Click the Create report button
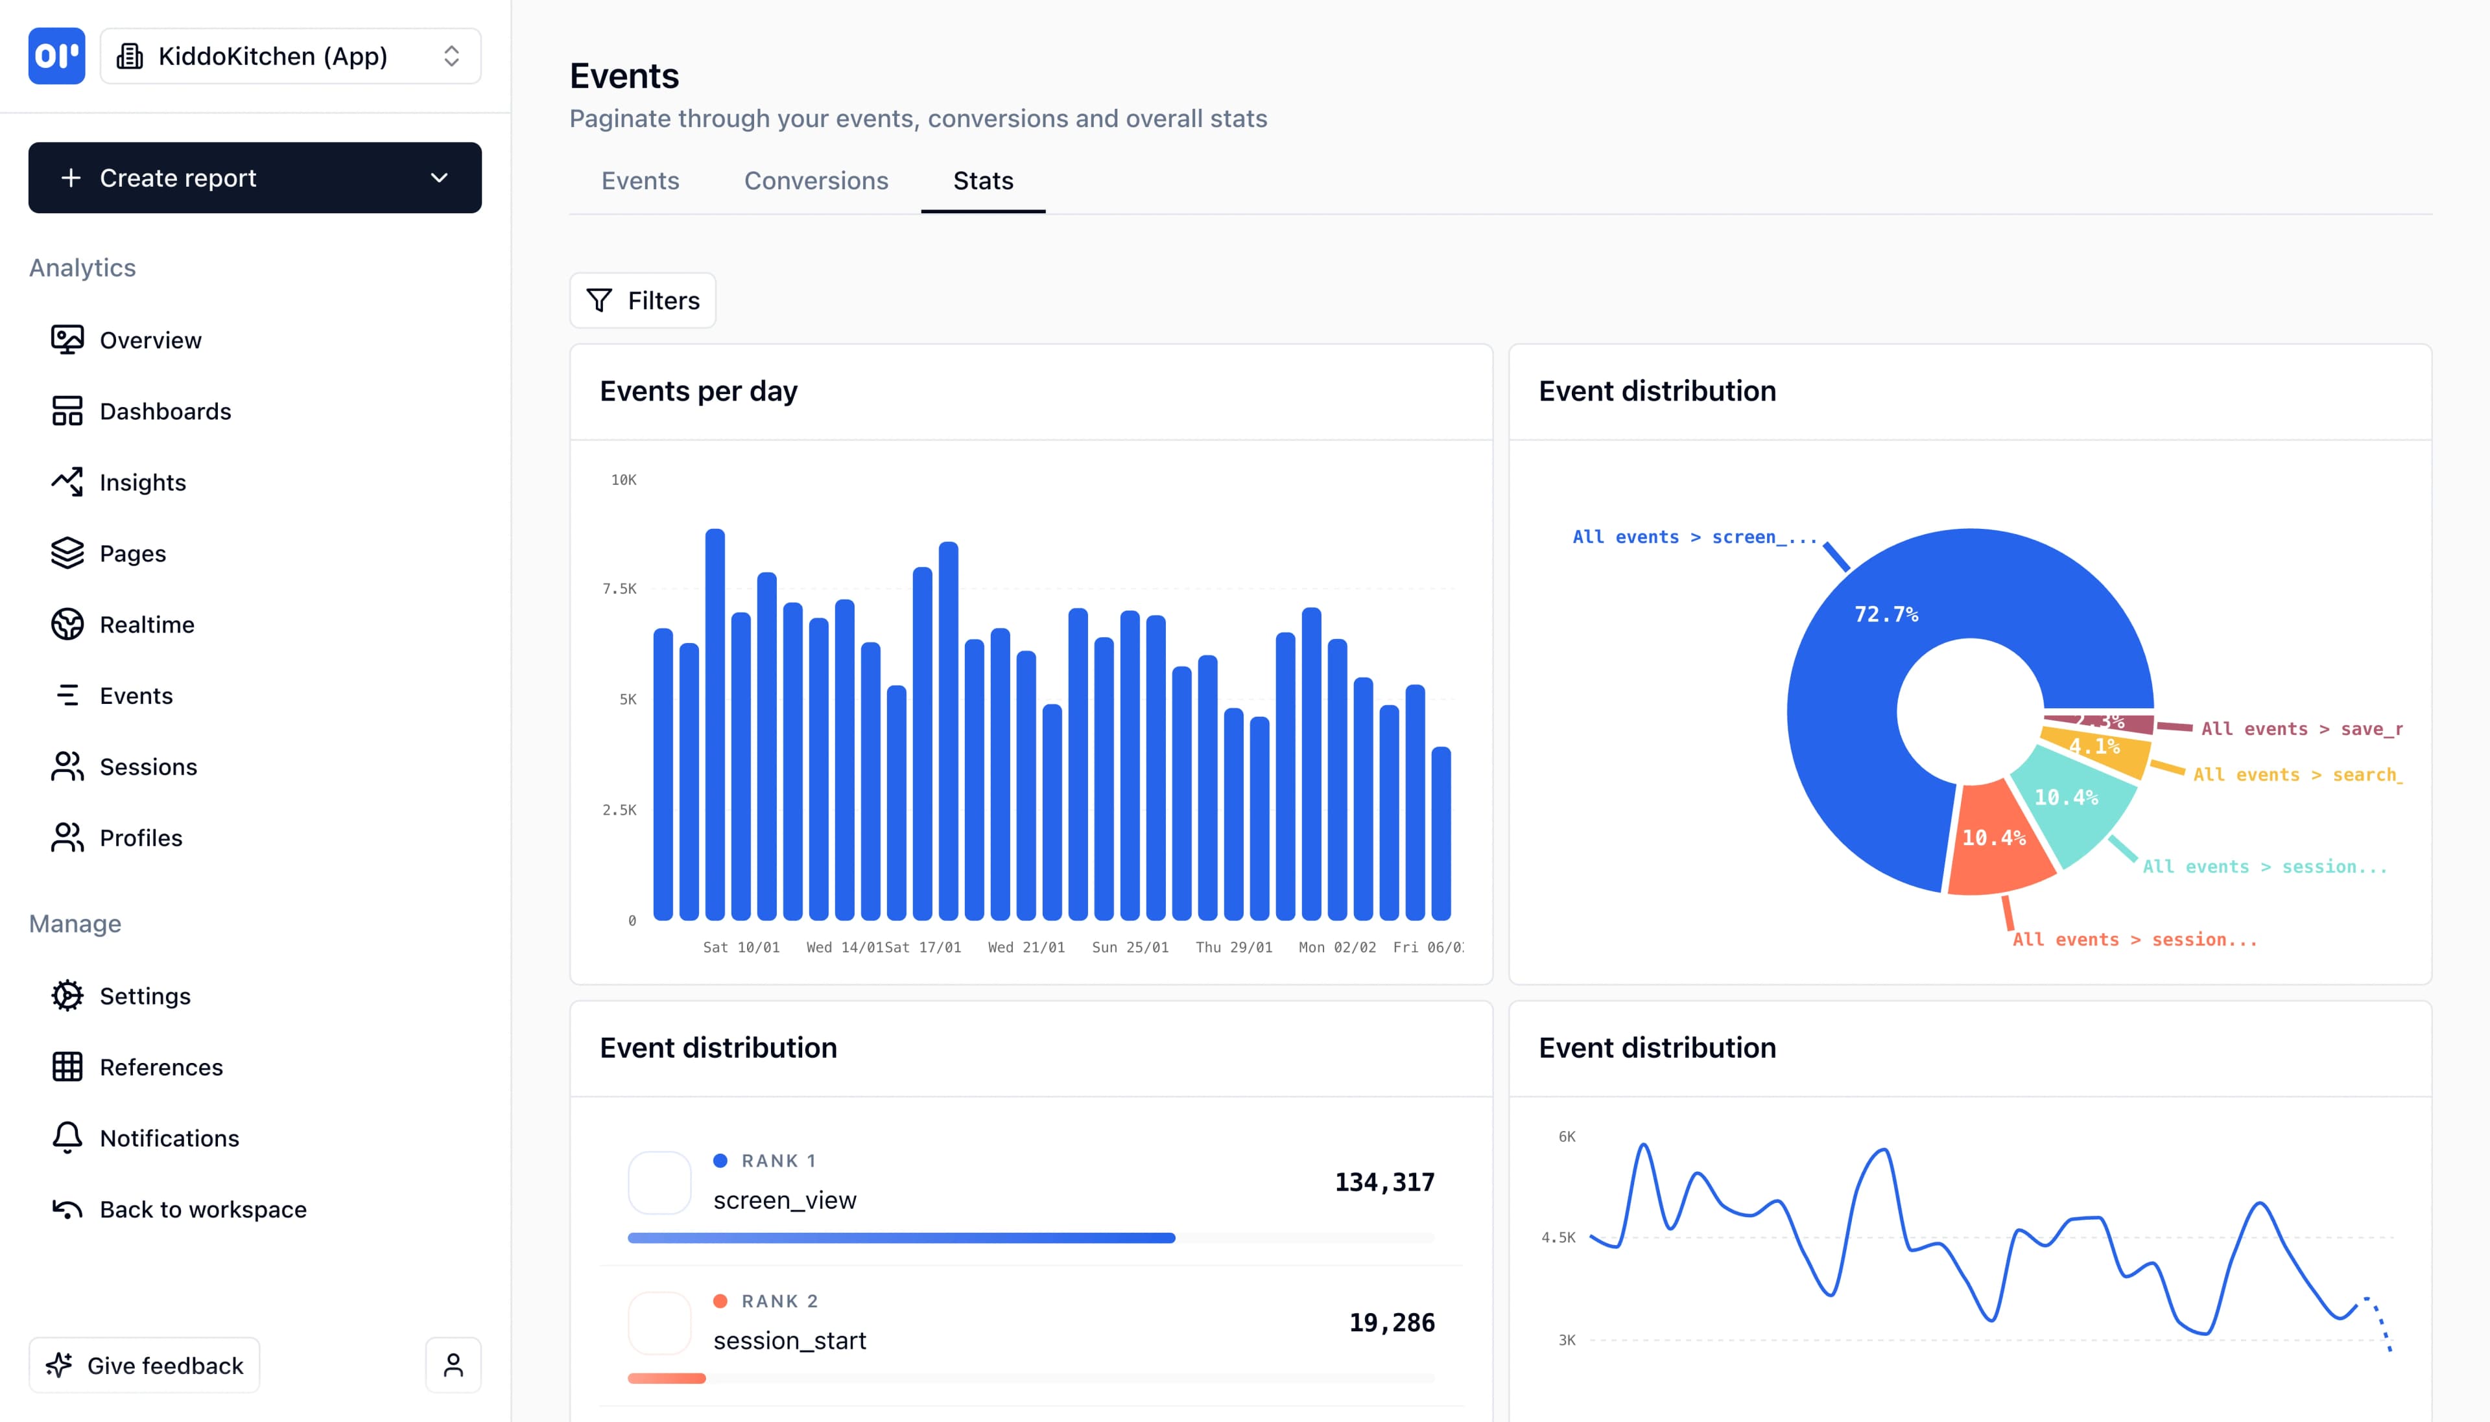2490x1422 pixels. click(x=254, y=178)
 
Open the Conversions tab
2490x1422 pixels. click(x=816, y=181)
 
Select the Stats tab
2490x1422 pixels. click(x=983, y=181)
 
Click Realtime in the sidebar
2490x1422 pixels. click(x=147, y=624)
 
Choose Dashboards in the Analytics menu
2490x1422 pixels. click(x=165, y=411)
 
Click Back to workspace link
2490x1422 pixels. click(x=202, y=1209)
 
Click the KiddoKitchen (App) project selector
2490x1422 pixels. click(x=290, y=56)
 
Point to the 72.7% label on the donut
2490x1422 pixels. click(x=1885, y=614)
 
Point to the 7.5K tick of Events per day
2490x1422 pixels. click(x=619, y=589)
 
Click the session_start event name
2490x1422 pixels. click(x=789, y=1341)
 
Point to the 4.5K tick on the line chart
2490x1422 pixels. click(x=1558, y=1237)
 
